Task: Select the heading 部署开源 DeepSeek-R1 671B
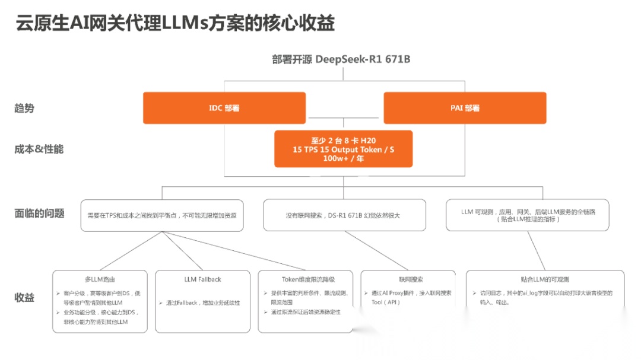341,59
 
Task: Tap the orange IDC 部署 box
224,108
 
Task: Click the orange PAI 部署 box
465,108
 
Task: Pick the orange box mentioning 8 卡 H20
343,149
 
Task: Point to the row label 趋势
24,109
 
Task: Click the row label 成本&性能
39,149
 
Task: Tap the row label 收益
24,297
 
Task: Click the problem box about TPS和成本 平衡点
161,215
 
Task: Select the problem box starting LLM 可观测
527,215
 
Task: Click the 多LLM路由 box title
100,279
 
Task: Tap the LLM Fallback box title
202,279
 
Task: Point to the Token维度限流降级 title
308,279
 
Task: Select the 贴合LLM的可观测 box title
544,279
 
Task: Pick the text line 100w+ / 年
343,159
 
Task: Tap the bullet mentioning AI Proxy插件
411,297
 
